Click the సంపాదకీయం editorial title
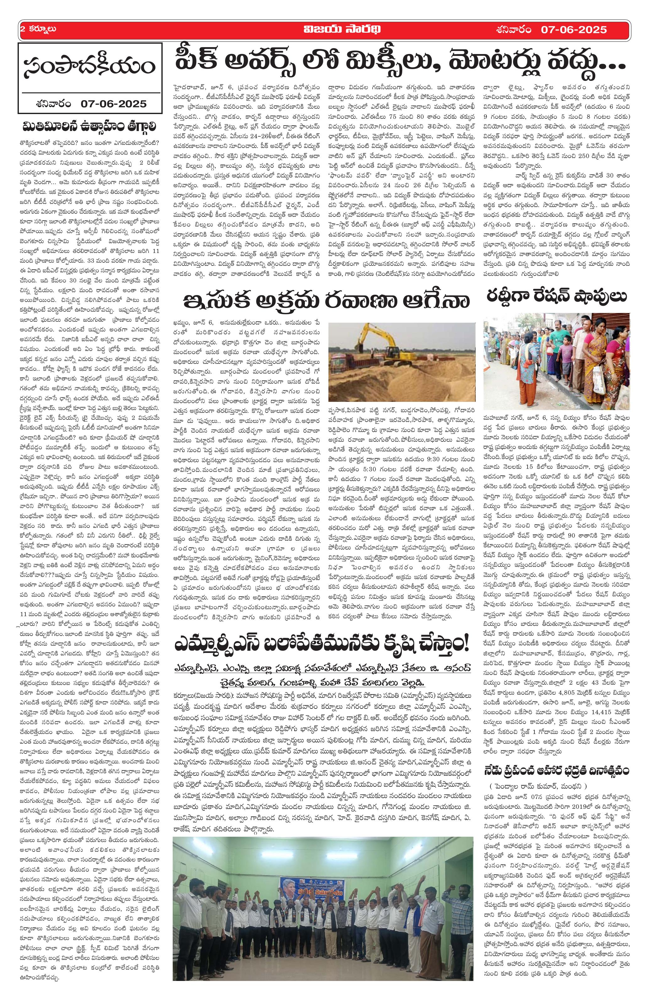click(x=89, y=67)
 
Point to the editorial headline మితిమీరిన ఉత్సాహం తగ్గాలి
click(x=89, y=126)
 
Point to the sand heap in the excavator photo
click(x=404, y=381)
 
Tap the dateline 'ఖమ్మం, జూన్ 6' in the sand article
click(x=198, y=323)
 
